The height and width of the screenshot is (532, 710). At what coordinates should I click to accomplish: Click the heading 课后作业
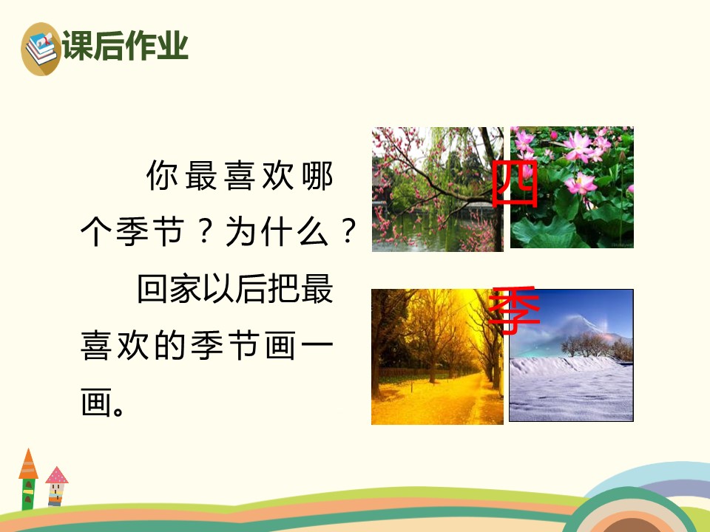click(x=126, y=46)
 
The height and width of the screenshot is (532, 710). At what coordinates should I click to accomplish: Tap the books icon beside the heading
click(x=41, y=48)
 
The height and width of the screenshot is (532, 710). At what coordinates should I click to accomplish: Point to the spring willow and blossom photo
click(x=437, y=189)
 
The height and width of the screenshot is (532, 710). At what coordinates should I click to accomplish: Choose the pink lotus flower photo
click(x=572, y=188)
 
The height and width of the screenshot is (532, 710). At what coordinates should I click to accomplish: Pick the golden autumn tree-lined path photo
click(x=437, y=357)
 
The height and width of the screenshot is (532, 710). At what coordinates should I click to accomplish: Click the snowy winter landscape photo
click(x=571, y=355)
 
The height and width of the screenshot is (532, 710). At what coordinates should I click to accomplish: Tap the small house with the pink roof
click(x=56, y=485)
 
